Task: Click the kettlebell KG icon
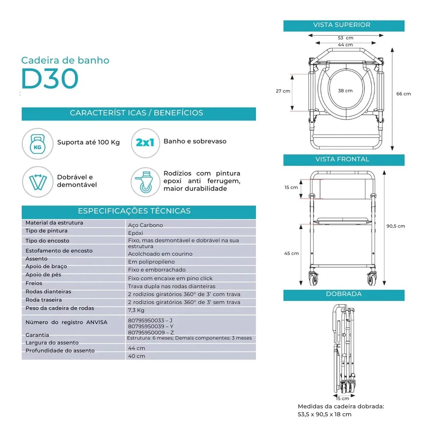(x=38, y=144)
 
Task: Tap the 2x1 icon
(x=145, y=143)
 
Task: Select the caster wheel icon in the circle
(x=145, y=182)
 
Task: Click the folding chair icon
(x=38, y=182)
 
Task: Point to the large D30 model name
(x=50, y=78)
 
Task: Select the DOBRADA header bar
(x=343, y=295)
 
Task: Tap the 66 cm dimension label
(x=403, y=94)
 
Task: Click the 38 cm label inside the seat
(x=345, y=91)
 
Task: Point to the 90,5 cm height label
(x=395, y=226)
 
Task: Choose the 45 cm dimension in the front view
(x=291, y=253)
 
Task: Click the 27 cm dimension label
(x=283, y=91)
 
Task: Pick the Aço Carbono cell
(x=145, y=225)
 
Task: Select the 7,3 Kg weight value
(x=136, y=310)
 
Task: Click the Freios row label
(x=34, y=283)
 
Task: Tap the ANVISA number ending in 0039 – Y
(x=151, y=326)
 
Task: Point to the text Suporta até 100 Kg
(x=88, y=142)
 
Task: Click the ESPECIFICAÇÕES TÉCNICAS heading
(x=134, y=211)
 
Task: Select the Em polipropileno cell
(x=151, y=262)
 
